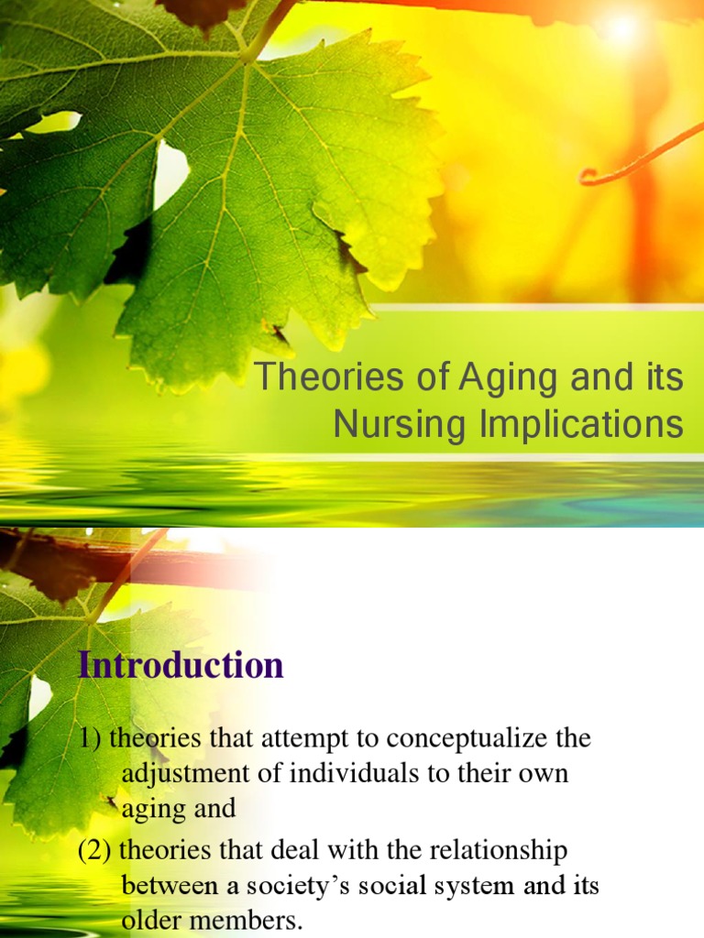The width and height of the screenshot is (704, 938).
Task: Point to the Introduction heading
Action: click(x=181, y=665)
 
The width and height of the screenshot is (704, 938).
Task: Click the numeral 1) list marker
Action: click(x=91, y=738)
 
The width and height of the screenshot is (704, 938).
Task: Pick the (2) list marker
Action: click(x=94, y=852)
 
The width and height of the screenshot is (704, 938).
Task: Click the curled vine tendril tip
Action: click(x=588, y=176)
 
